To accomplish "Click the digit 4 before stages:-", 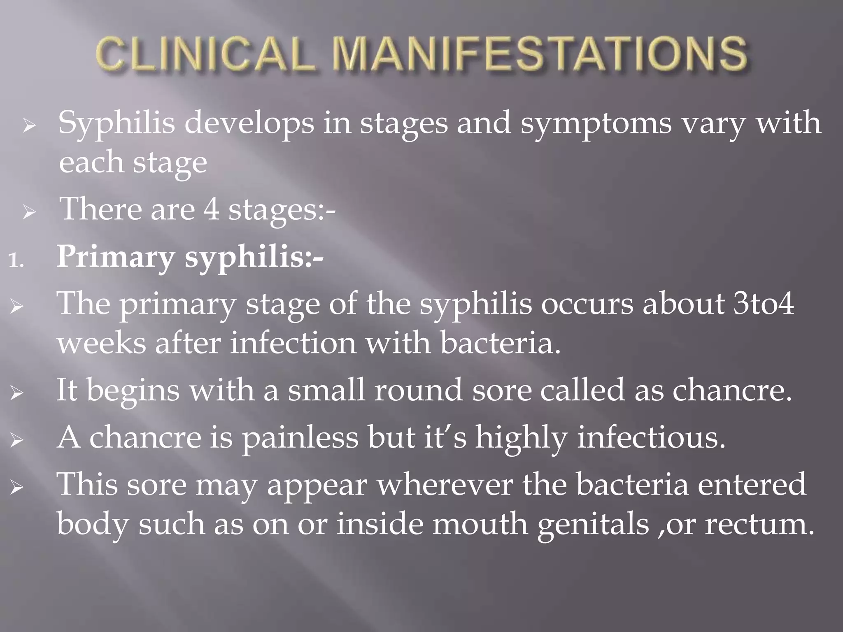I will (x=211, y=209).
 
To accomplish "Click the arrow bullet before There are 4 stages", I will (x=29, y=214).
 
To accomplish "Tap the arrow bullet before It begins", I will (x=17, y=394).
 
